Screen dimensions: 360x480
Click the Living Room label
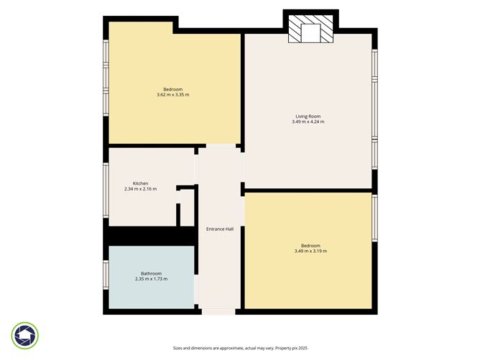coord(308,116)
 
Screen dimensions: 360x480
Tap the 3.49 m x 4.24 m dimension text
coord(308,122)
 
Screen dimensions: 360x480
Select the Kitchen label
coord(140,183)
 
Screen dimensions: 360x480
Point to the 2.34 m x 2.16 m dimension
coord(140,189)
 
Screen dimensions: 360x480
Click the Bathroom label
coord(151,273)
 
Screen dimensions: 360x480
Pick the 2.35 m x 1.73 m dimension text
coord(151,279)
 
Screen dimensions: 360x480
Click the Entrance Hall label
coord(219,229)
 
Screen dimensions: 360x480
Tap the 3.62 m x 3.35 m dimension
coord(172,95)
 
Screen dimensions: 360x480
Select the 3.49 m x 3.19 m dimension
coord(310,251)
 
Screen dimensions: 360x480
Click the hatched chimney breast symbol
coord(310,30)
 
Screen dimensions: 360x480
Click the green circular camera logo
coord(25,335)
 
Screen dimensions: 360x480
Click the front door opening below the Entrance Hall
coord(218,311)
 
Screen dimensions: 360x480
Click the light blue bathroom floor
coord(151,291)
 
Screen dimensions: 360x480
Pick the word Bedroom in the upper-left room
coord(172,89)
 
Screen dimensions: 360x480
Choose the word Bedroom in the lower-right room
coord(310,245)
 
